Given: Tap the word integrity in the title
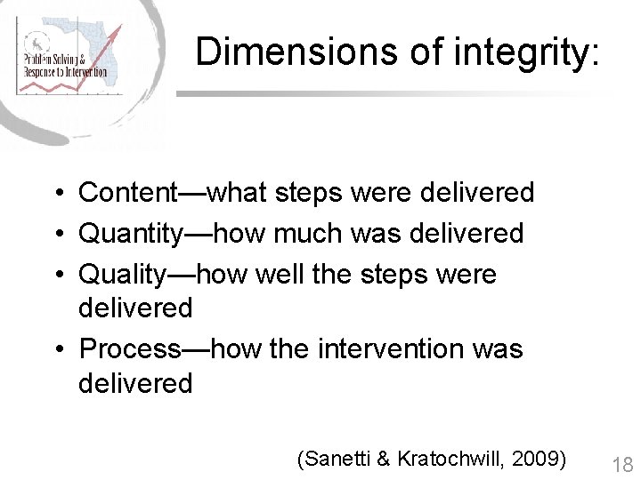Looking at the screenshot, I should pos(521,52).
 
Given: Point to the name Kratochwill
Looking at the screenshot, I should pos(450,459).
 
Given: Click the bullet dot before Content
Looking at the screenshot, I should pos(57,193).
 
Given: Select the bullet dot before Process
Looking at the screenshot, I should pos(57,349).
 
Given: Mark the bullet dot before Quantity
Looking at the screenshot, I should pos(57,235).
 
